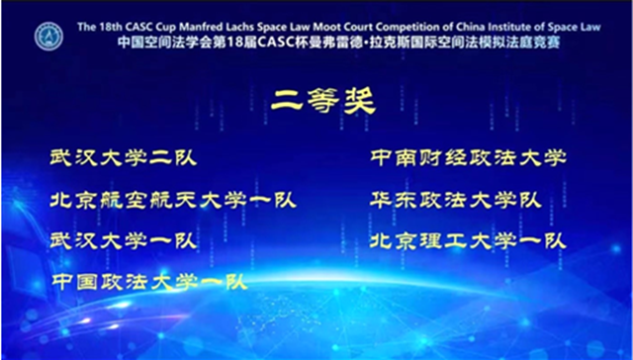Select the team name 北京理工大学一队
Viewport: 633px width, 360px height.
(467, 240)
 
